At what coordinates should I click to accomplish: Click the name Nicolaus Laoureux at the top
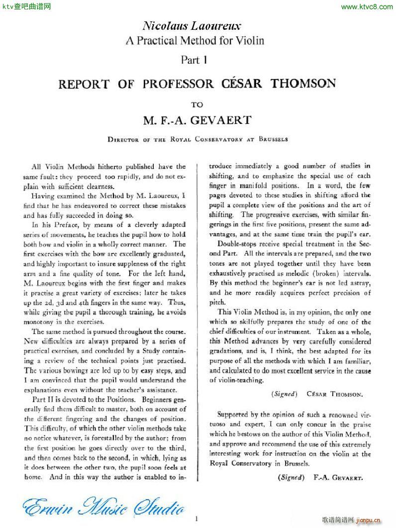[192, 25]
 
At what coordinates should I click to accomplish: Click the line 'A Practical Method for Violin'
[195, 40]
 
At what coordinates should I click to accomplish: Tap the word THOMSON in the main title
[303, 83]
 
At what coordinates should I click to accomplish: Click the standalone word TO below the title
[198, 105]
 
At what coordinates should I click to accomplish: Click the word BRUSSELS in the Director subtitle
[273, 140]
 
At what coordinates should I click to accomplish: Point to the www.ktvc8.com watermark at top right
[368, 6]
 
